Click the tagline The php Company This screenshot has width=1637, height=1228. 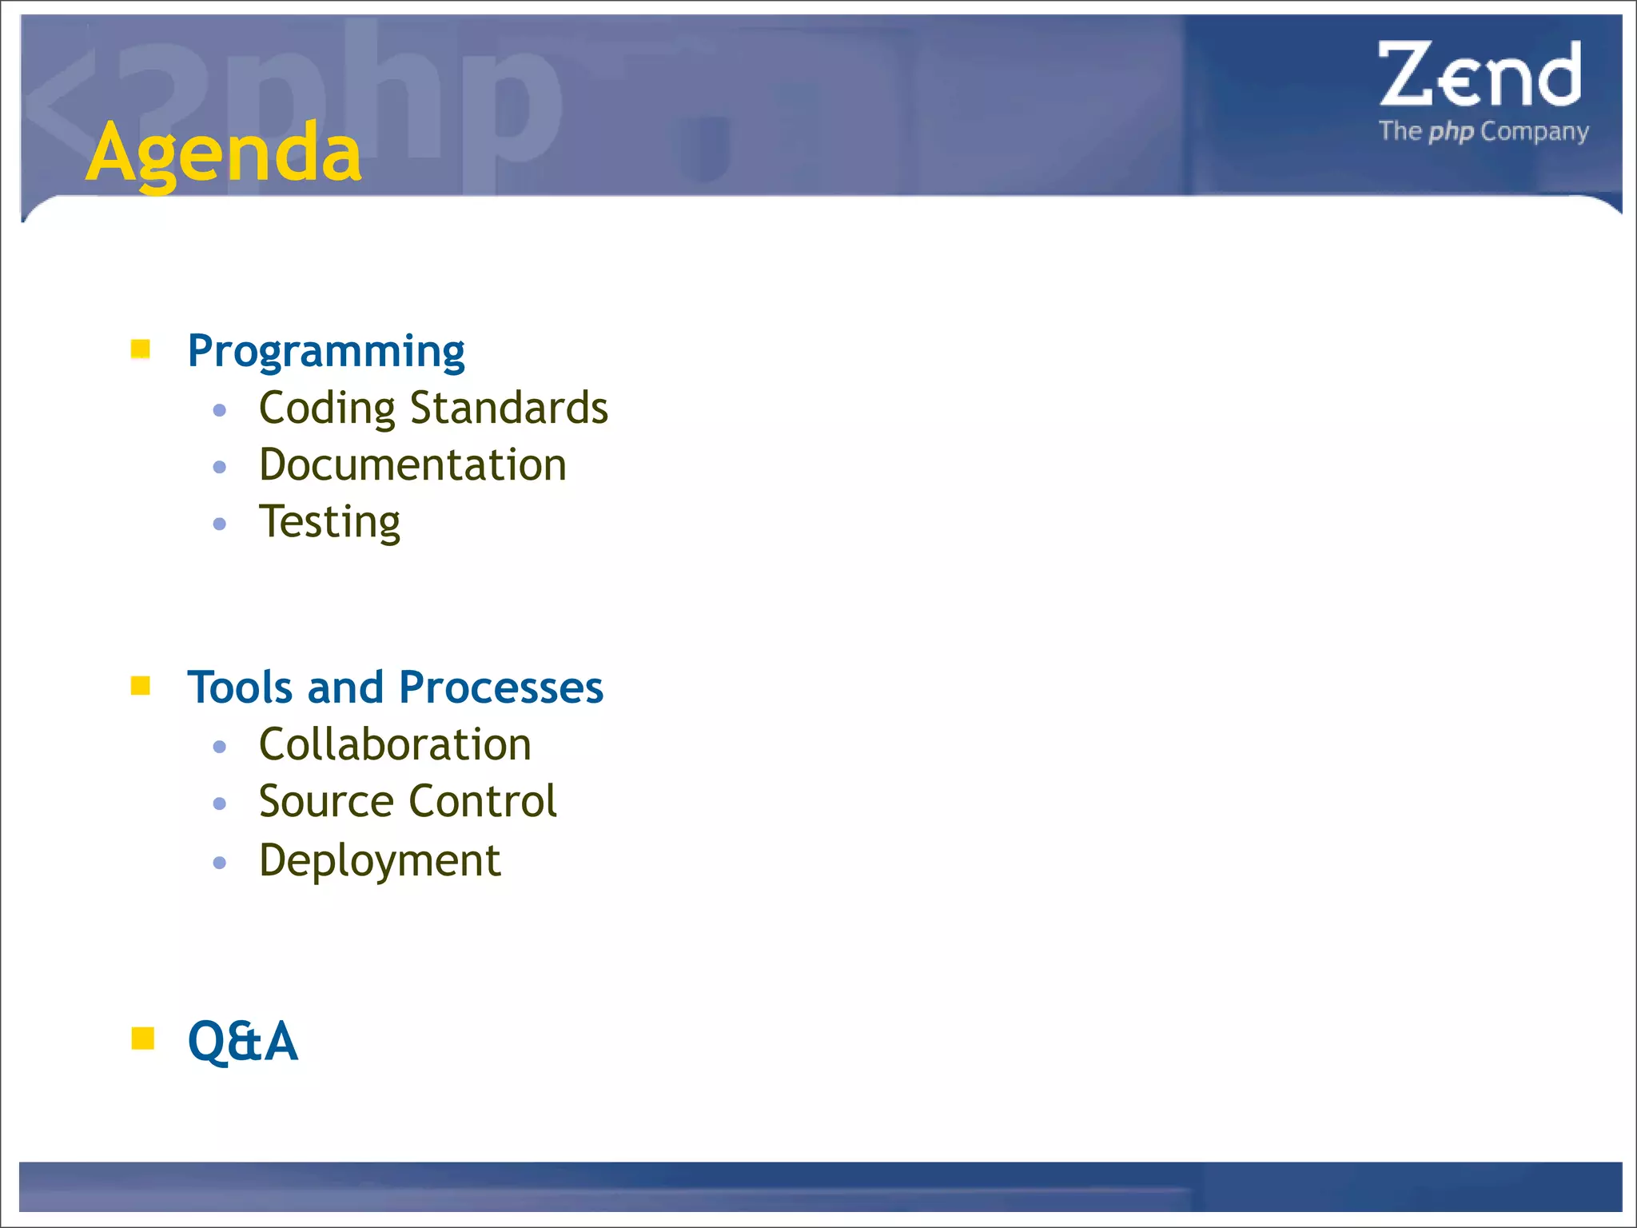[1484, 131]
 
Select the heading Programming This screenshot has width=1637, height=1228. [325, 352]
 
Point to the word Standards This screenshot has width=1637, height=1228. [508, 408]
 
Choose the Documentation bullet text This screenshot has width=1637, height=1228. [412, 464]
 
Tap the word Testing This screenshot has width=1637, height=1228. [329, 522]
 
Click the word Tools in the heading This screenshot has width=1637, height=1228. [240, 688]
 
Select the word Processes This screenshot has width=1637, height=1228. [500, 688]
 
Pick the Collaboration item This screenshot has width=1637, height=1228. [395, 744]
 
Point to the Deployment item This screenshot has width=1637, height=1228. [380, 861]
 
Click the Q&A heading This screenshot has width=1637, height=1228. [242, 1041]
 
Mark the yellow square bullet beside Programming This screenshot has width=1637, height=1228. [141, 349]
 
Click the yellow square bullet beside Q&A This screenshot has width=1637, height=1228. [142, 1038]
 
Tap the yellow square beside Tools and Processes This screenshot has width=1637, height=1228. [141, 686]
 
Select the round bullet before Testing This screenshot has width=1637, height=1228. [220, 524]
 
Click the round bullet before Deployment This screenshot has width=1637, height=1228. [220, 863]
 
